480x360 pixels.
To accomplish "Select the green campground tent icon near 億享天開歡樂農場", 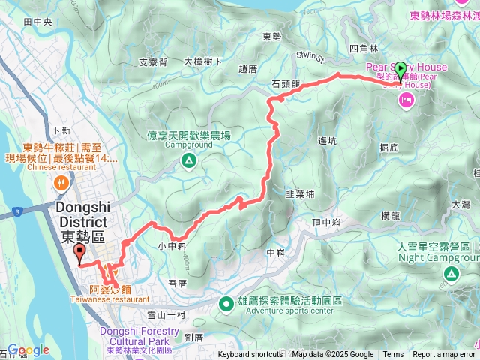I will pyautogui.click(x=188, y=159).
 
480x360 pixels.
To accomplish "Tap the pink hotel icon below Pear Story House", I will pyautogui.click(x=407, y=100).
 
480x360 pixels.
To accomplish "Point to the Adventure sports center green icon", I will pyautogui.click(x=226, y=303).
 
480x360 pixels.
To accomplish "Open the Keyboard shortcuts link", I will pyautogui.click(x=250, y=355).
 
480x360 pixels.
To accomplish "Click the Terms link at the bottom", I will pyautogui.click(x=393, y=355).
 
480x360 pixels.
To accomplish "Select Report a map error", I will pyautogui.click(x=445, y=355).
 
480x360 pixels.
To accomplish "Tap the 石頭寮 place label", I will pyautogui.click(x=285, y=84).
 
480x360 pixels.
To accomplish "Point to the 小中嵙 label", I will pyautogui.click(x=171, y=245).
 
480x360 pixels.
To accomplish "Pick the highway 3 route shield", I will pyautogui.click(x=16, y=213).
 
